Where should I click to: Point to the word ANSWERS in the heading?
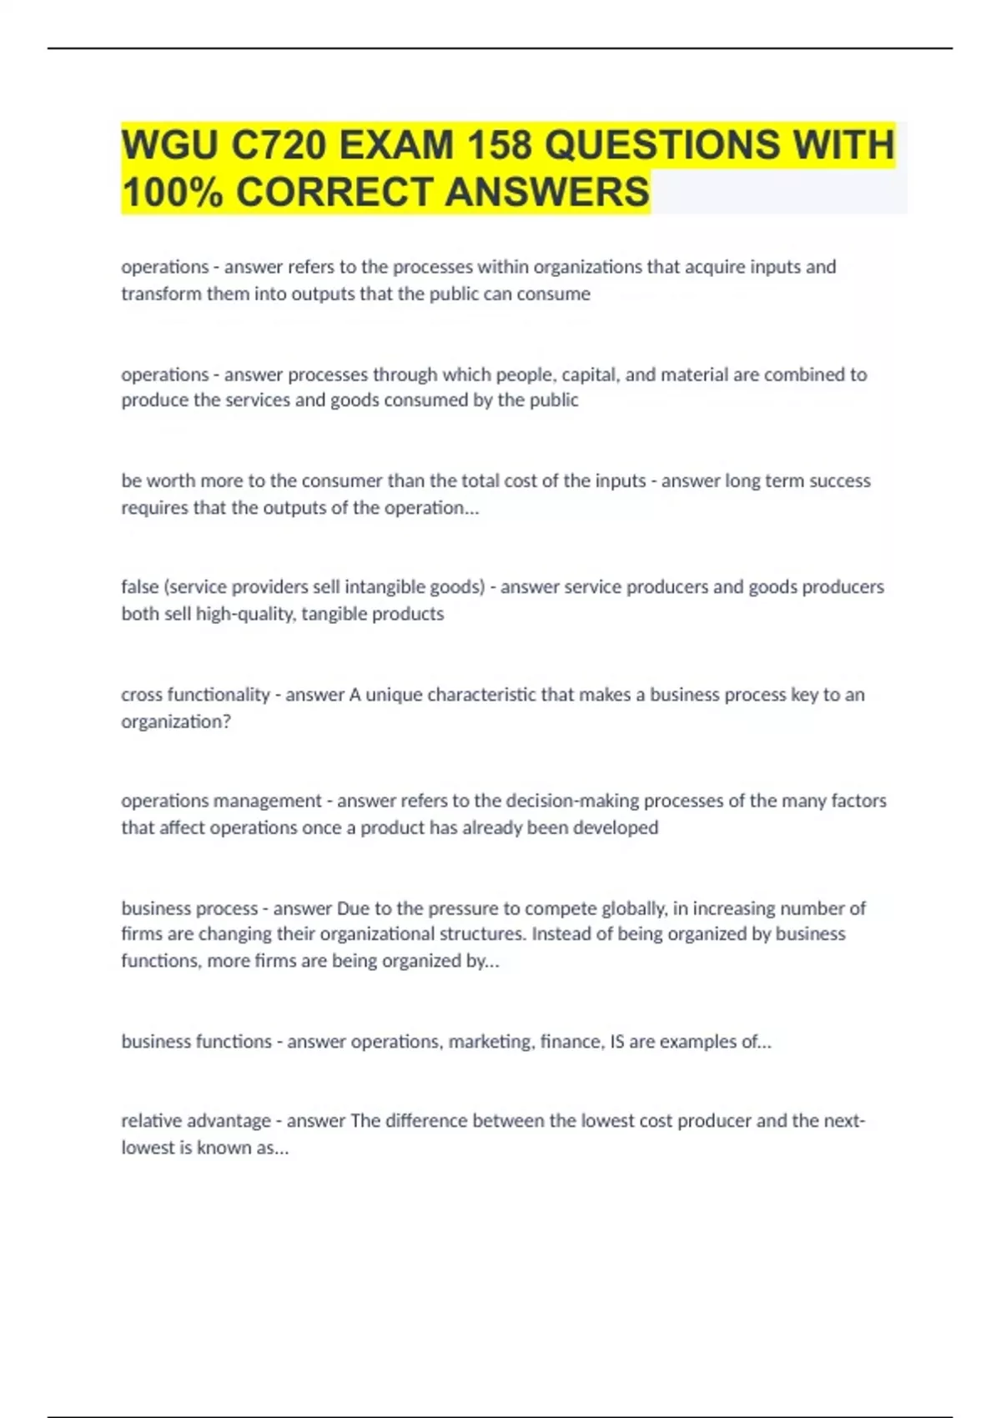click(x=546, y=192)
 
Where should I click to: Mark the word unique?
click(x=393, y=694)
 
